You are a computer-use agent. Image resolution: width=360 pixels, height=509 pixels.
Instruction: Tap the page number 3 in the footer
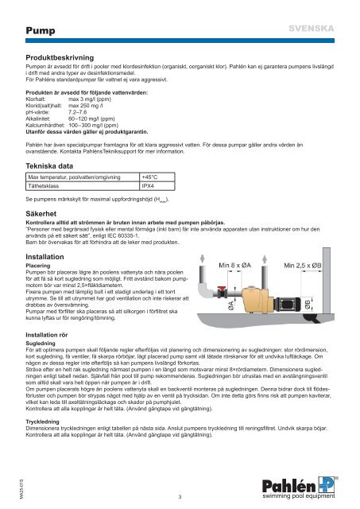180,496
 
